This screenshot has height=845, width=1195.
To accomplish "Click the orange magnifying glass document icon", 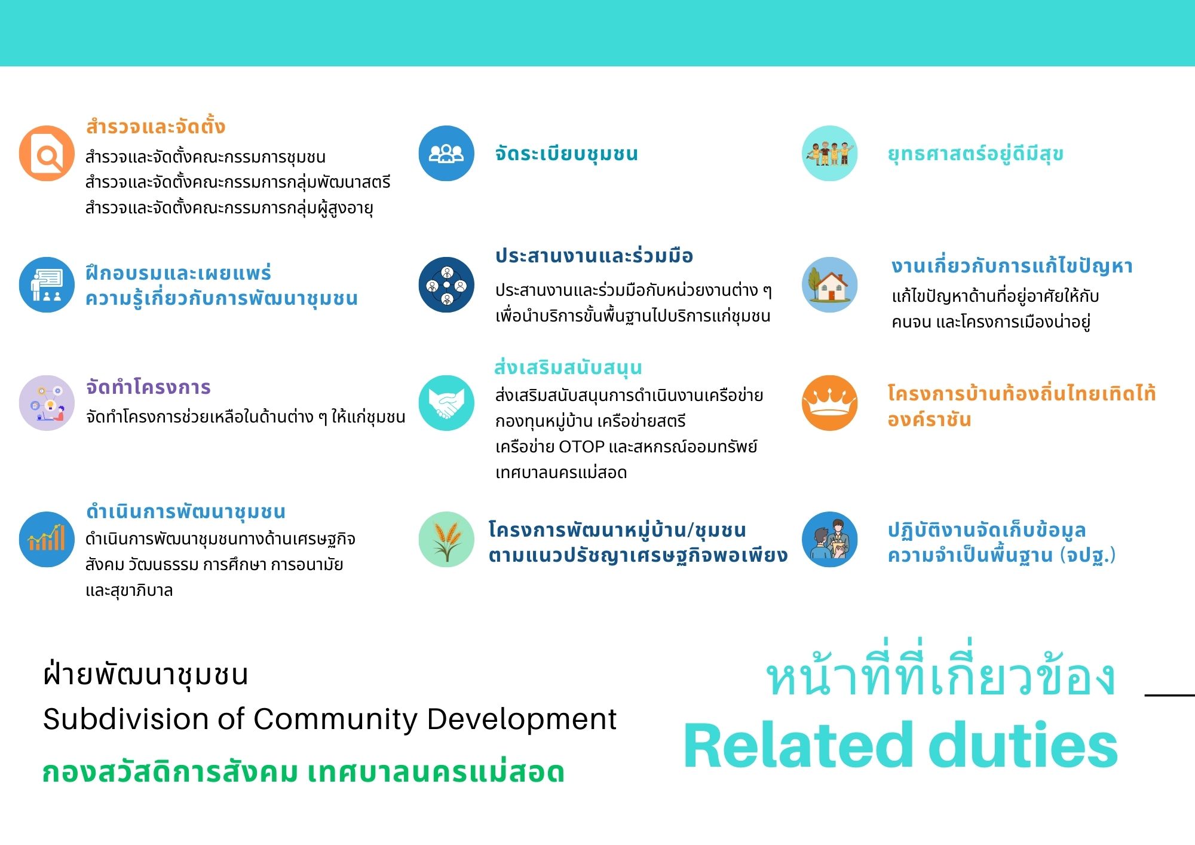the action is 47,153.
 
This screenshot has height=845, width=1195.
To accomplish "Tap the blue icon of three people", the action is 446,153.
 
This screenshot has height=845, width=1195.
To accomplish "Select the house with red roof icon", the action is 829,284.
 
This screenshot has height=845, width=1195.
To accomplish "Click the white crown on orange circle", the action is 829,403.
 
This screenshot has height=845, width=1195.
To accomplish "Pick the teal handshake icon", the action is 446,403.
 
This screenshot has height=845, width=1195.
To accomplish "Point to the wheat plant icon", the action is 446,539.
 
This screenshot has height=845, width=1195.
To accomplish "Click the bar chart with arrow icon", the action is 47,539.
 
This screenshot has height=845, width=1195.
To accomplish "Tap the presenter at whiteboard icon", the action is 47,284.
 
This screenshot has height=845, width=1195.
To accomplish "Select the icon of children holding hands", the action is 829,153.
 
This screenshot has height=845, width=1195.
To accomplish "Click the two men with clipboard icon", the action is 829,539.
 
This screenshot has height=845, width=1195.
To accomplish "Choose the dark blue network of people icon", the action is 446,284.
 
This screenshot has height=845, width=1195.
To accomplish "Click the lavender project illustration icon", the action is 47,403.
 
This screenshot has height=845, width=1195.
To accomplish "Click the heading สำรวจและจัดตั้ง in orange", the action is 155,127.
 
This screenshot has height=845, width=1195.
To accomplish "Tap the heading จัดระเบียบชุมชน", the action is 566,154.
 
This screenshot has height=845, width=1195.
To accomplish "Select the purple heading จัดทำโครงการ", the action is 148,387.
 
